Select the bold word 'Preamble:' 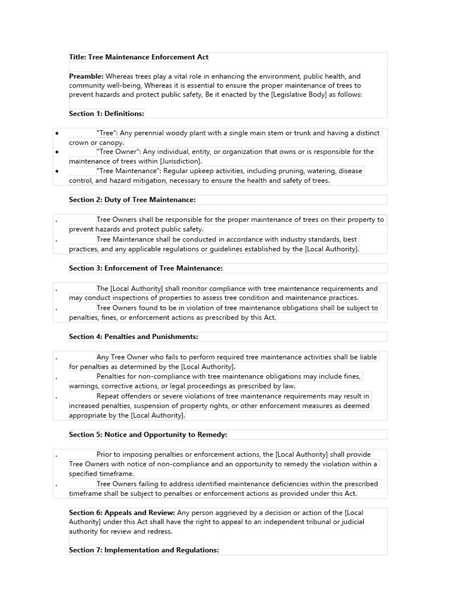coord(86,76)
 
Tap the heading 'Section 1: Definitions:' coord(106,114)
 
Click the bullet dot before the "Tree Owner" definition coord(56,152)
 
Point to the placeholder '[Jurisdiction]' coord(180,161)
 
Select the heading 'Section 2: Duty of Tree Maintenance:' coord(132,200)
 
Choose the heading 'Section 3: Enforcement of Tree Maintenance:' coord(145,268)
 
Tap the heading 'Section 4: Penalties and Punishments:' coord(134,337)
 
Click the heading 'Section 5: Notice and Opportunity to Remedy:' coord(148,435)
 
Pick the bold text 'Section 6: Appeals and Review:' coord(122,513)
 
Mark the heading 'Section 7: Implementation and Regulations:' coord(144,550)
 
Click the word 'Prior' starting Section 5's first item coord(105,454)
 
